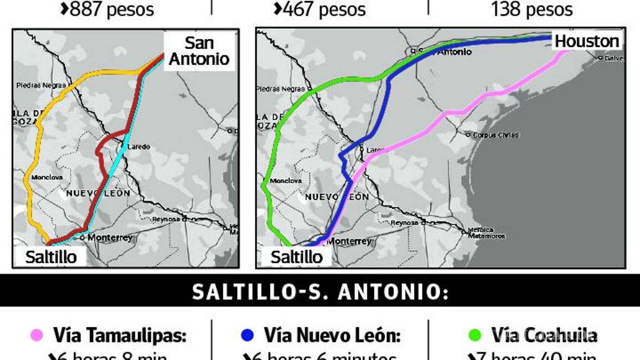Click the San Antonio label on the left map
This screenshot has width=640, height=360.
(x=199, y=51)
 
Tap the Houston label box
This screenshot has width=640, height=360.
(x=587, y=41)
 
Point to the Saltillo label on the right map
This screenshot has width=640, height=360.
(x=296, y=257)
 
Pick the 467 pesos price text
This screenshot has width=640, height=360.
(x=320, y=9)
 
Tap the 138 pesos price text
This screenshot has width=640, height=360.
(x=532, y=9)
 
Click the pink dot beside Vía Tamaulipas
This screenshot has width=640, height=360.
(x=37, y=335)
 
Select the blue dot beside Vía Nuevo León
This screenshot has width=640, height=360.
(x=247, y=335)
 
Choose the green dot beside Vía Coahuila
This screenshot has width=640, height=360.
(x=475, y=335)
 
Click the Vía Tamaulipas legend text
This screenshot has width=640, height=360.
(x=119, y=335)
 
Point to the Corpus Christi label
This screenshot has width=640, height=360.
(x=496, y=135)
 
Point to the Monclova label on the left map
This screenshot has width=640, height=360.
(x=47, y=178)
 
